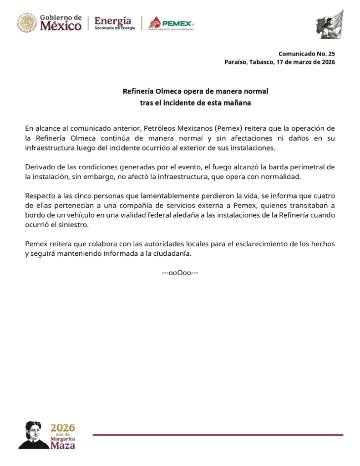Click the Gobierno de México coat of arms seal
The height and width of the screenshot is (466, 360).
coord(27,22)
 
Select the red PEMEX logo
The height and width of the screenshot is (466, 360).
coord(172,23)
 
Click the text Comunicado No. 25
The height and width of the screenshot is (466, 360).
coord(306,54)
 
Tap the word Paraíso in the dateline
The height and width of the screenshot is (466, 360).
coord(235,62)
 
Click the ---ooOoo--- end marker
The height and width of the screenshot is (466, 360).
coord(180,273)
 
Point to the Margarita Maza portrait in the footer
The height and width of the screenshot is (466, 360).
coord(34,435)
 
